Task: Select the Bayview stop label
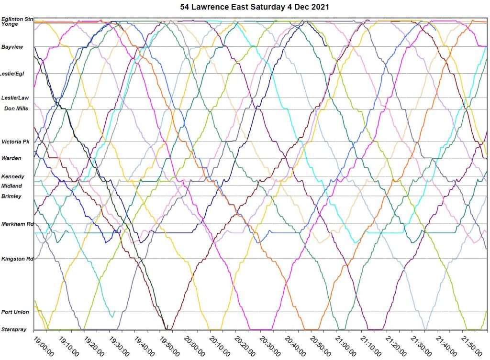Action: tap(12, 47)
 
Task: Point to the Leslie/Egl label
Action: tap(12, 74)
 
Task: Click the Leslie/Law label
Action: tap(15, 98)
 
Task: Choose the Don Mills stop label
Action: tap(16, 109)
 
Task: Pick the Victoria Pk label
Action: tap(15, 142)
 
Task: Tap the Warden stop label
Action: tap(11, 158)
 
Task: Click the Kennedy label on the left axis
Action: tap(13, 176)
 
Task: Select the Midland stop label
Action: tap(11, 185)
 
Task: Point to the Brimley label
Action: tap(11, 196)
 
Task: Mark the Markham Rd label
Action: tap(17, 224)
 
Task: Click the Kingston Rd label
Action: tap(17, 259)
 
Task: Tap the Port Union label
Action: tap(15, 312)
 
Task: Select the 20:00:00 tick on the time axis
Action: tap(193, 345)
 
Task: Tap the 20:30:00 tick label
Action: tap(268, 345)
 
